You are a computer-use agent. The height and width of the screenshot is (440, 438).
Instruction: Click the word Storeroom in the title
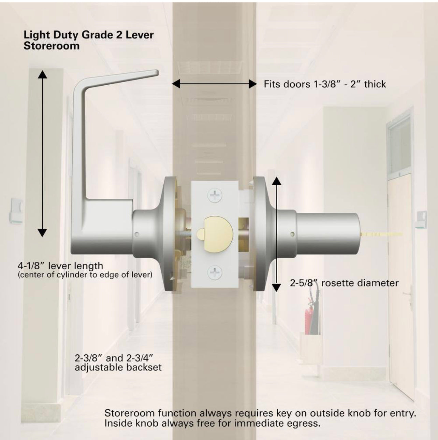pyautogui.click(x=52, y=46)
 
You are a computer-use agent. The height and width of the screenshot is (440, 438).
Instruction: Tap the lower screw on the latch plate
pyautogui.click(x=215, y=272)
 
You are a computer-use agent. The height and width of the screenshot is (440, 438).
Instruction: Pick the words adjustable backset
pyautogui.click(x=118, y=367)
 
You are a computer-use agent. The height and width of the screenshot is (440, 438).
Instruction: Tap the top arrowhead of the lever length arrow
pyautogui.click(x=42, y=74)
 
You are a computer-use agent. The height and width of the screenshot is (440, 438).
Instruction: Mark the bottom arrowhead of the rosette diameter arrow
pyautogui.click(x=276, y=287)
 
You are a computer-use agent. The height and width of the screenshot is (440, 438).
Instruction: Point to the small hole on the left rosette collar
pyautogui.click(x=137, y=234)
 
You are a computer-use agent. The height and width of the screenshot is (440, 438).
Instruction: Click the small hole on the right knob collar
pyautogui.click(x=293, y=234)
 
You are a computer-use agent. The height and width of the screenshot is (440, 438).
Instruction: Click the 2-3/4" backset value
pyautogui.click(x=138, y=358)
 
